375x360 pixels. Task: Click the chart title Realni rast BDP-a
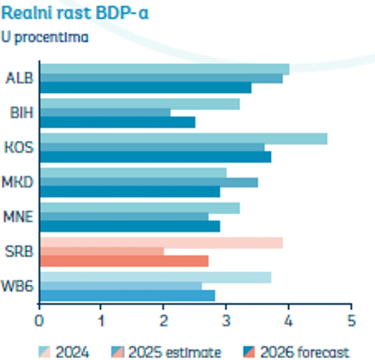click(x=75, y=14)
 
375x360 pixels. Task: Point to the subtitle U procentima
click(x=45, y=38)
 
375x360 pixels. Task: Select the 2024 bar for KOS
click(x=183, y=138)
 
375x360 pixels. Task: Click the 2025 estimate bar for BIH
click(x=105, y=113)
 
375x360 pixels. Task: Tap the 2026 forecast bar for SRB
click(x=124, y=261)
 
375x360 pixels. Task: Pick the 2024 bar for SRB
click(x=161, y=243)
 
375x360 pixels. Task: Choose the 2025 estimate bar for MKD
click(x=148, y=183)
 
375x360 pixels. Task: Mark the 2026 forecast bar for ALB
click(x=145, y=88)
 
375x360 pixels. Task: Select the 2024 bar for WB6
click(x=155, y=277)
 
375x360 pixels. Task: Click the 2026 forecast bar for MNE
click(x=129, y=226)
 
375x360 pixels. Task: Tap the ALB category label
click(x=20, y=79)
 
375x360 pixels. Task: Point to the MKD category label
click(x=19, y=182)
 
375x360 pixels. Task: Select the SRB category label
click(x=20, y=251)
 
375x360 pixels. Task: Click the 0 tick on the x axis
click(x=39, y=320)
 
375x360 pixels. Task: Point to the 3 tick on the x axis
click(x=226, y=320)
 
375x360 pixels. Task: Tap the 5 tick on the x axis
click(x=351, y=320)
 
